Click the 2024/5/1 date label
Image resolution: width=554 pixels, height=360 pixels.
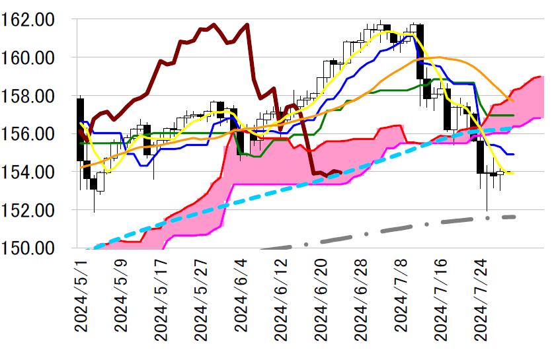click(81, 301)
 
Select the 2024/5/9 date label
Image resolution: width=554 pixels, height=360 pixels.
click(121, 301)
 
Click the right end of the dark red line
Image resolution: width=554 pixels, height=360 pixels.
click(340, 172)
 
